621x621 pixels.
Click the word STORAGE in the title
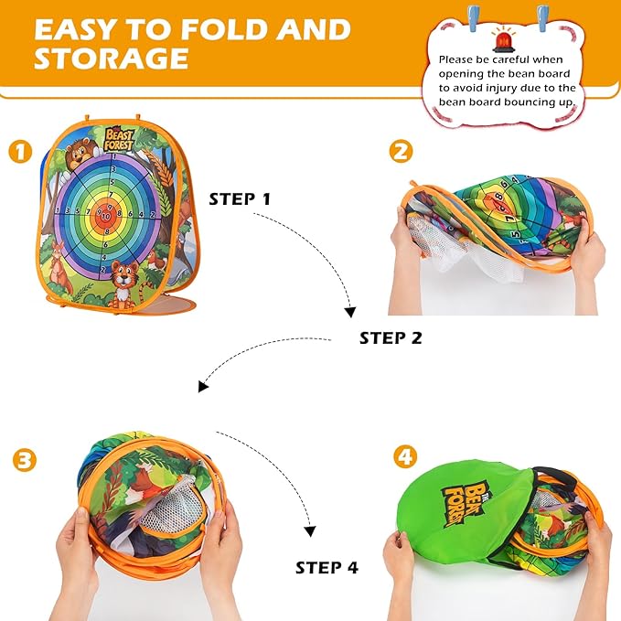click(111, 58)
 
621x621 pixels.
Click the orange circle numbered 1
click(21, 152)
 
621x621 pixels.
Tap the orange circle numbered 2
click(401, 152)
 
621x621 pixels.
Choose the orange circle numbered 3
click(25, 460)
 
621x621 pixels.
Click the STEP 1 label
click(240, 198)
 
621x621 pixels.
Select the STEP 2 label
click(391, 337)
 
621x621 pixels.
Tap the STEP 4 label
click(327, 568)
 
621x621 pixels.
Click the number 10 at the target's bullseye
click(104, 217)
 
